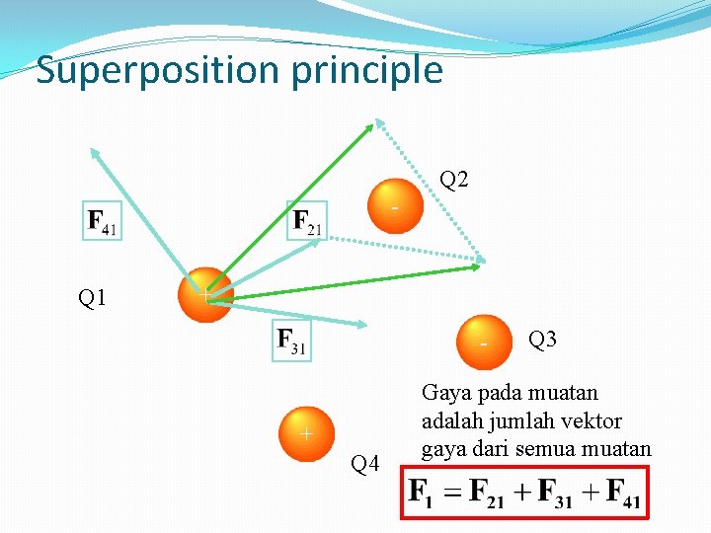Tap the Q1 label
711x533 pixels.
coord(92,297)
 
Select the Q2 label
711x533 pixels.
coord(454,180)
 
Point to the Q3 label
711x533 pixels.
coord(543,341)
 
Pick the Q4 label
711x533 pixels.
coord(365,463)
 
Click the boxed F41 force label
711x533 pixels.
coord(102,221)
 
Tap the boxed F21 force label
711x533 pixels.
coord(307,221)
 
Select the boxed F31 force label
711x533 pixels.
coord(291,342)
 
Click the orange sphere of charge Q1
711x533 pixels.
coord(204,294)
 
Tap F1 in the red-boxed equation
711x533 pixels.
coord(422,492)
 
